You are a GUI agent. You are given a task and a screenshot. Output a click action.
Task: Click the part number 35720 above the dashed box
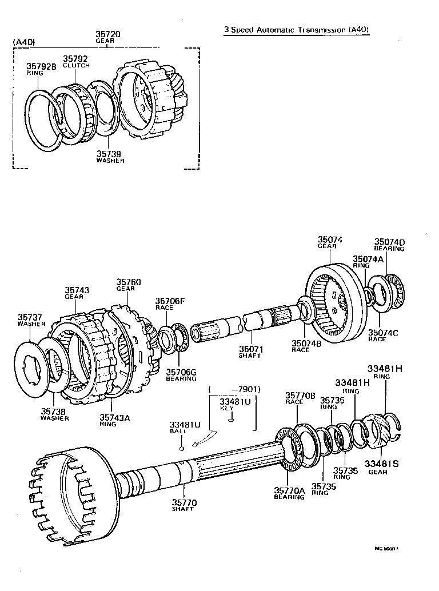[108, 34]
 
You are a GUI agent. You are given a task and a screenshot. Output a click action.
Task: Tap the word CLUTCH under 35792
[76, 65]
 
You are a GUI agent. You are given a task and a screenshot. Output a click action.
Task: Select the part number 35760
[129, 282]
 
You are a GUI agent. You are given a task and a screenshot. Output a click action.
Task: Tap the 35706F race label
[169, 304]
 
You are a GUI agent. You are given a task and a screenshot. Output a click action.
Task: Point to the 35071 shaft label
[250, 351]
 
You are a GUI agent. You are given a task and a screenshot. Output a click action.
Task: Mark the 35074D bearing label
[389, 245]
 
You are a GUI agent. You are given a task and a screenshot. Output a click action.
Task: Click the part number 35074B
[308, 345]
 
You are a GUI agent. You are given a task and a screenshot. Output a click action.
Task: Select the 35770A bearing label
[289, 493]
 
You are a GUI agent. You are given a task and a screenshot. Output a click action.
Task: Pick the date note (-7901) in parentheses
[235, 389]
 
